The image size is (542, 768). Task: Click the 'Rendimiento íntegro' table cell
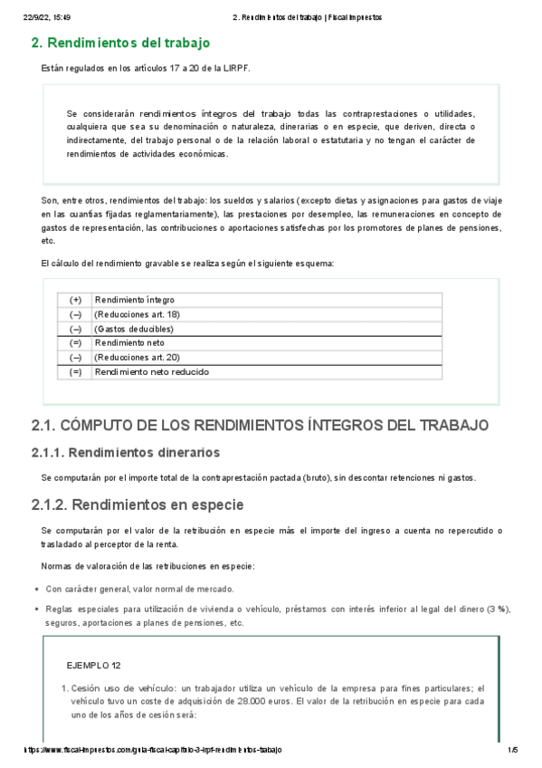click(x=135, y=300)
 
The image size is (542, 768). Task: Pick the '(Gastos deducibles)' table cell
click(x=133, y=329)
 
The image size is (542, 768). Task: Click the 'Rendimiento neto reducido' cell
click(x=151, y=372)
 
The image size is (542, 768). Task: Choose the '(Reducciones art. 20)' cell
click(x=138, y=358)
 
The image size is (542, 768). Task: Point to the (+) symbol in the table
click(x=75, y=300)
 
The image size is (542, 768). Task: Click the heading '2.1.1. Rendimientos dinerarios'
click(x=125, y=453)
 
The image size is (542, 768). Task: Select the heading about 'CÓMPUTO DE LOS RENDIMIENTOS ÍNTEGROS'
click(x=260, y=426)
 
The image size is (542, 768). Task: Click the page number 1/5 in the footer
click(x=512, y=751)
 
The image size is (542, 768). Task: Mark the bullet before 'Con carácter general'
click(x=34, y=589)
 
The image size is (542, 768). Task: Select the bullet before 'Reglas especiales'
click(x=34, y=610)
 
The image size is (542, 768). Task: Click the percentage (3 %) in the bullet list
click(x=494, y=609)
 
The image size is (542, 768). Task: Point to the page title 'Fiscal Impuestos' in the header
click(x=352, y=16)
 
